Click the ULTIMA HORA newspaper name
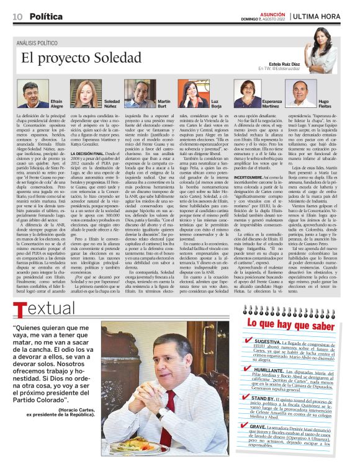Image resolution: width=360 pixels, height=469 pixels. pyautogui.click(x=318, y=16)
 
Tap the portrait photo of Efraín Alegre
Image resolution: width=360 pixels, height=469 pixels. pyautogui.click(x=32, y=92)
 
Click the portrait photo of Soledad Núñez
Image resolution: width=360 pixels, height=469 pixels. pyautogui.click(x=86, y=91)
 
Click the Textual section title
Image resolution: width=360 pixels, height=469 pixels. pyautogui.click(x=44, y=309)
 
